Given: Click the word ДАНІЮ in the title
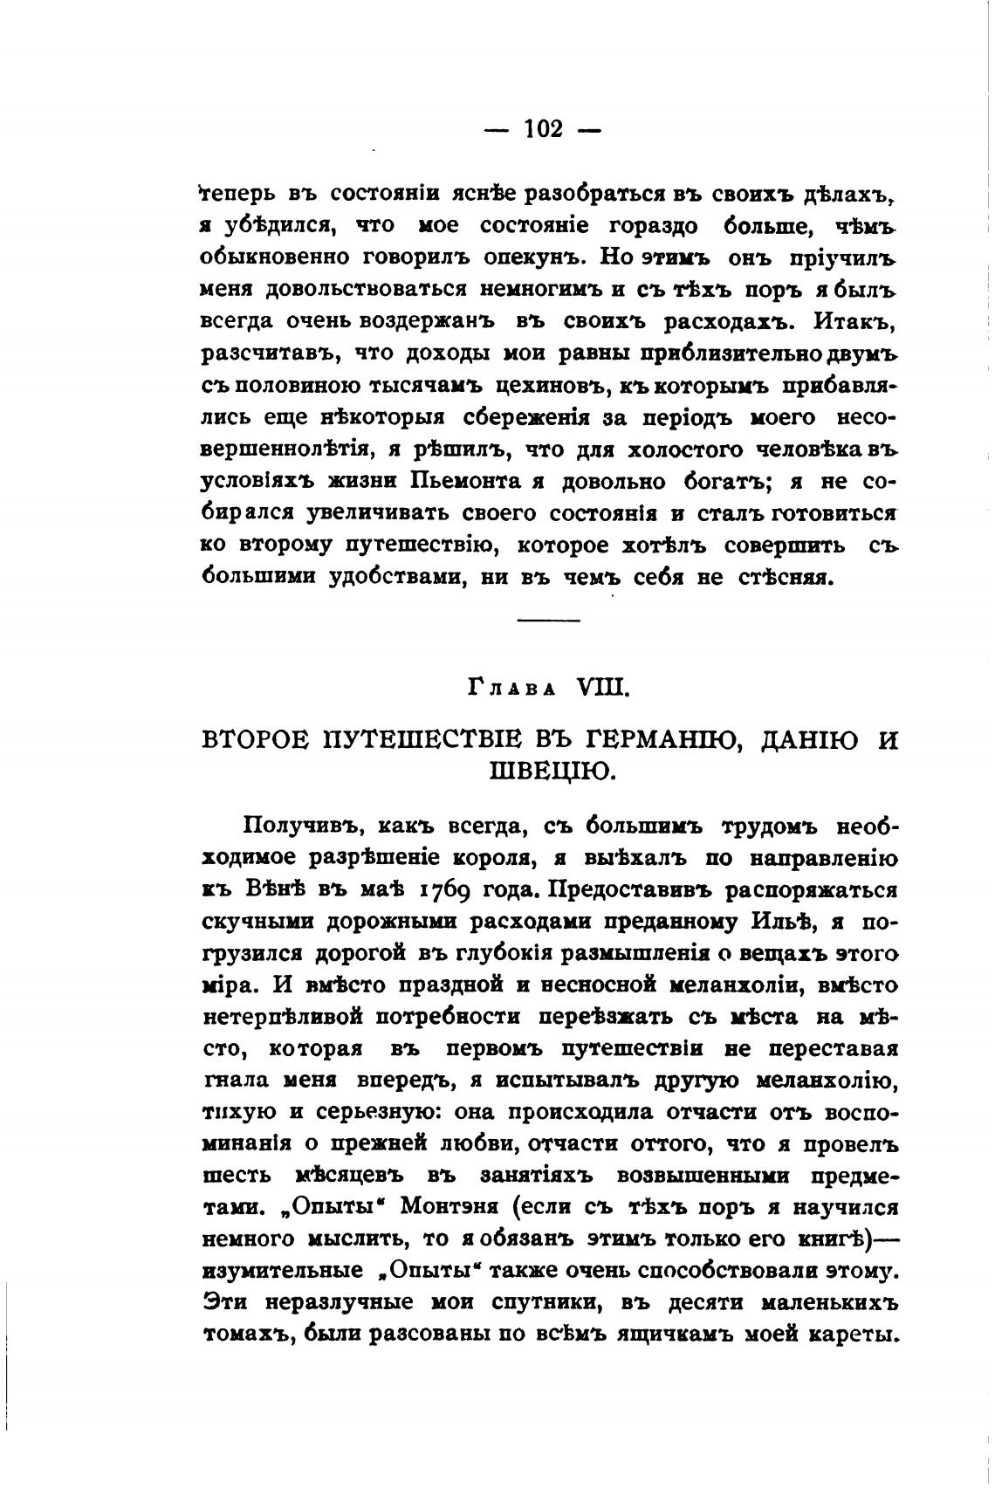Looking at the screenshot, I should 807,740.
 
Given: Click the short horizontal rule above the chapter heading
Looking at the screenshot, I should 548,620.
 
